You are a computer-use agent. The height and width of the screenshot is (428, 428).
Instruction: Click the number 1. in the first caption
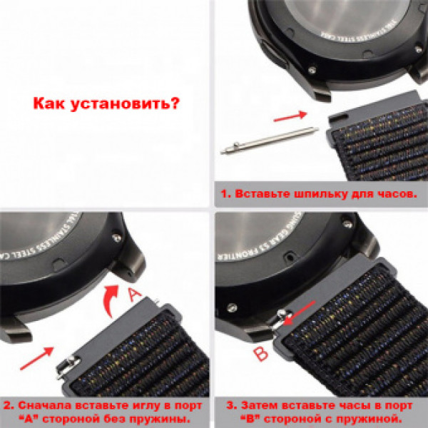coord(225,193)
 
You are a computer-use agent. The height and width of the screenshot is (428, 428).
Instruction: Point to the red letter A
coord(134,294)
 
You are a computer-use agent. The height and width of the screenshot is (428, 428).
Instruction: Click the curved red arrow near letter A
coord(108,297)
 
